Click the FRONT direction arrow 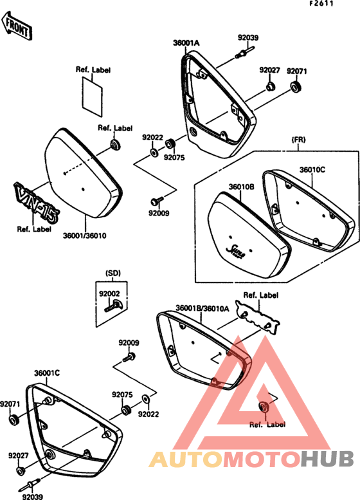17,26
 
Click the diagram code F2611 321,3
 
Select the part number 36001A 186,43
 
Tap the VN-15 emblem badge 36,203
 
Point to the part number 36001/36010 84,236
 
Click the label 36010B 241,187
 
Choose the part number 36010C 312,170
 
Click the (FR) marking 298,140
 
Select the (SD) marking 113,273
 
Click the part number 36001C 47,373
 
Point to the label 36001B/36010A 203,308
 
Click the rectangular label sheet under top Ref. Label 92,96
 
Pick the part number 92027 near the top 269,70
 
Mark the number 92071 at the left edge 10,404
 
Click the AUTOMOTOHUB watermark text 252,459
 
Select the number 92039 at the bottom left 33,497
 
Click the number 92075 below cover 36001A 174,158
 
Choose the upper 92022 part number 152,138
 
